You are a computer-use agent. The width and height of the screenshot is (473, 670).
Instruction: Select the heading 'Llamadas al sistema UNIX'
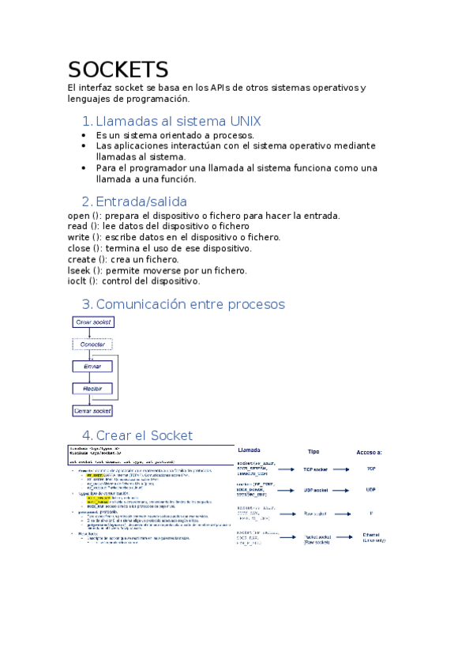178,122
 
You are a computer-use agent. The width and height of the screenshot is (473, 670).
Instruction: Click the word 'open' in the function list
79,216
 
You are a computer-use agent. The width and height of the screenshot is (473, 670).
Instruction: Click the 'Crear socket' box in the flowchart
93,322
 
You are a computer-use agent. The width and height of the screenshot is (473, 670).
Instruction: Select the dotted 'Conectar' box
93,344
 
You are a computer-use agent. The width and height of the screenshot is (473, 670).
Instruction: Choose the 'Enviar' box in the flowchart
93,367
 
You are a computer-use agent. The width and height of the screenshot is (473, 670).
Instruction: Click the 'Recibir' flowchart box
93,389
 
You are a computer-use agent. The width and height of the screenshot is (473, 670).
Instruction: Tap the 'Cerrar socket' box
93,411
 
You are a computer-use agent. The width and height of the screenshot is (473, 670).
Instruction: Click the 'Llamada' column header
253,450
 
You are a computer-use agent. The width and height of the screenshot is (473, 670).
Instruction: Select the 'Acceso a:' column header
370,452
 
